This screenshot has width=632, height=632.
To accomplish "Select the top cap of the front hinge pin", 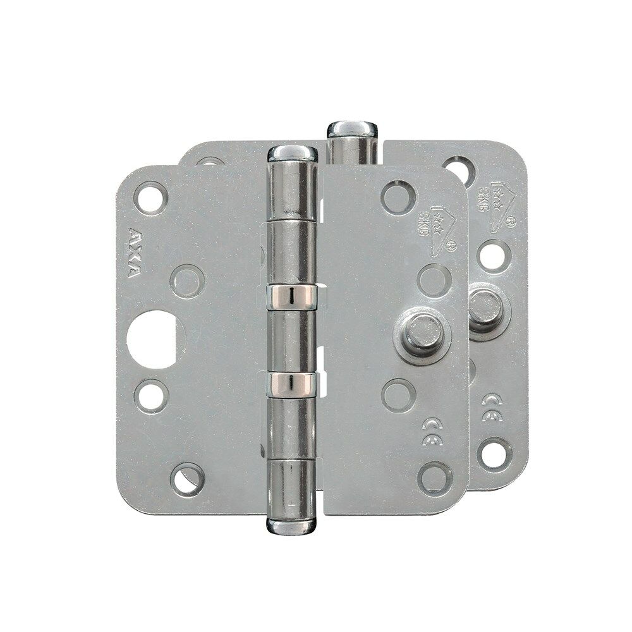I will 292,153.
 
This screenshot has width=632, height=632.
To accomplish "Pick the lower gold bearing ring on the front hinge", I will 291,382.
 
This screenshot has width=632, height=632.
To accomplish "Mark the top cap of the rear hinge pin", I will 352,128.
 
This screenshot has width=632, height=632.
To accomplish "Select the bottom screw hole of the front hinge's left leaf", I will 188,478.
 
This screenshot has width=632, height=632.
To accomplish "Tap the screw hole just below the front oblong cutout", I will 151,395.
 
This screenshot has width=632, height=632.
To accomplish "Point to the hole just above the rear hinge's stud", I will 493,255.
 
